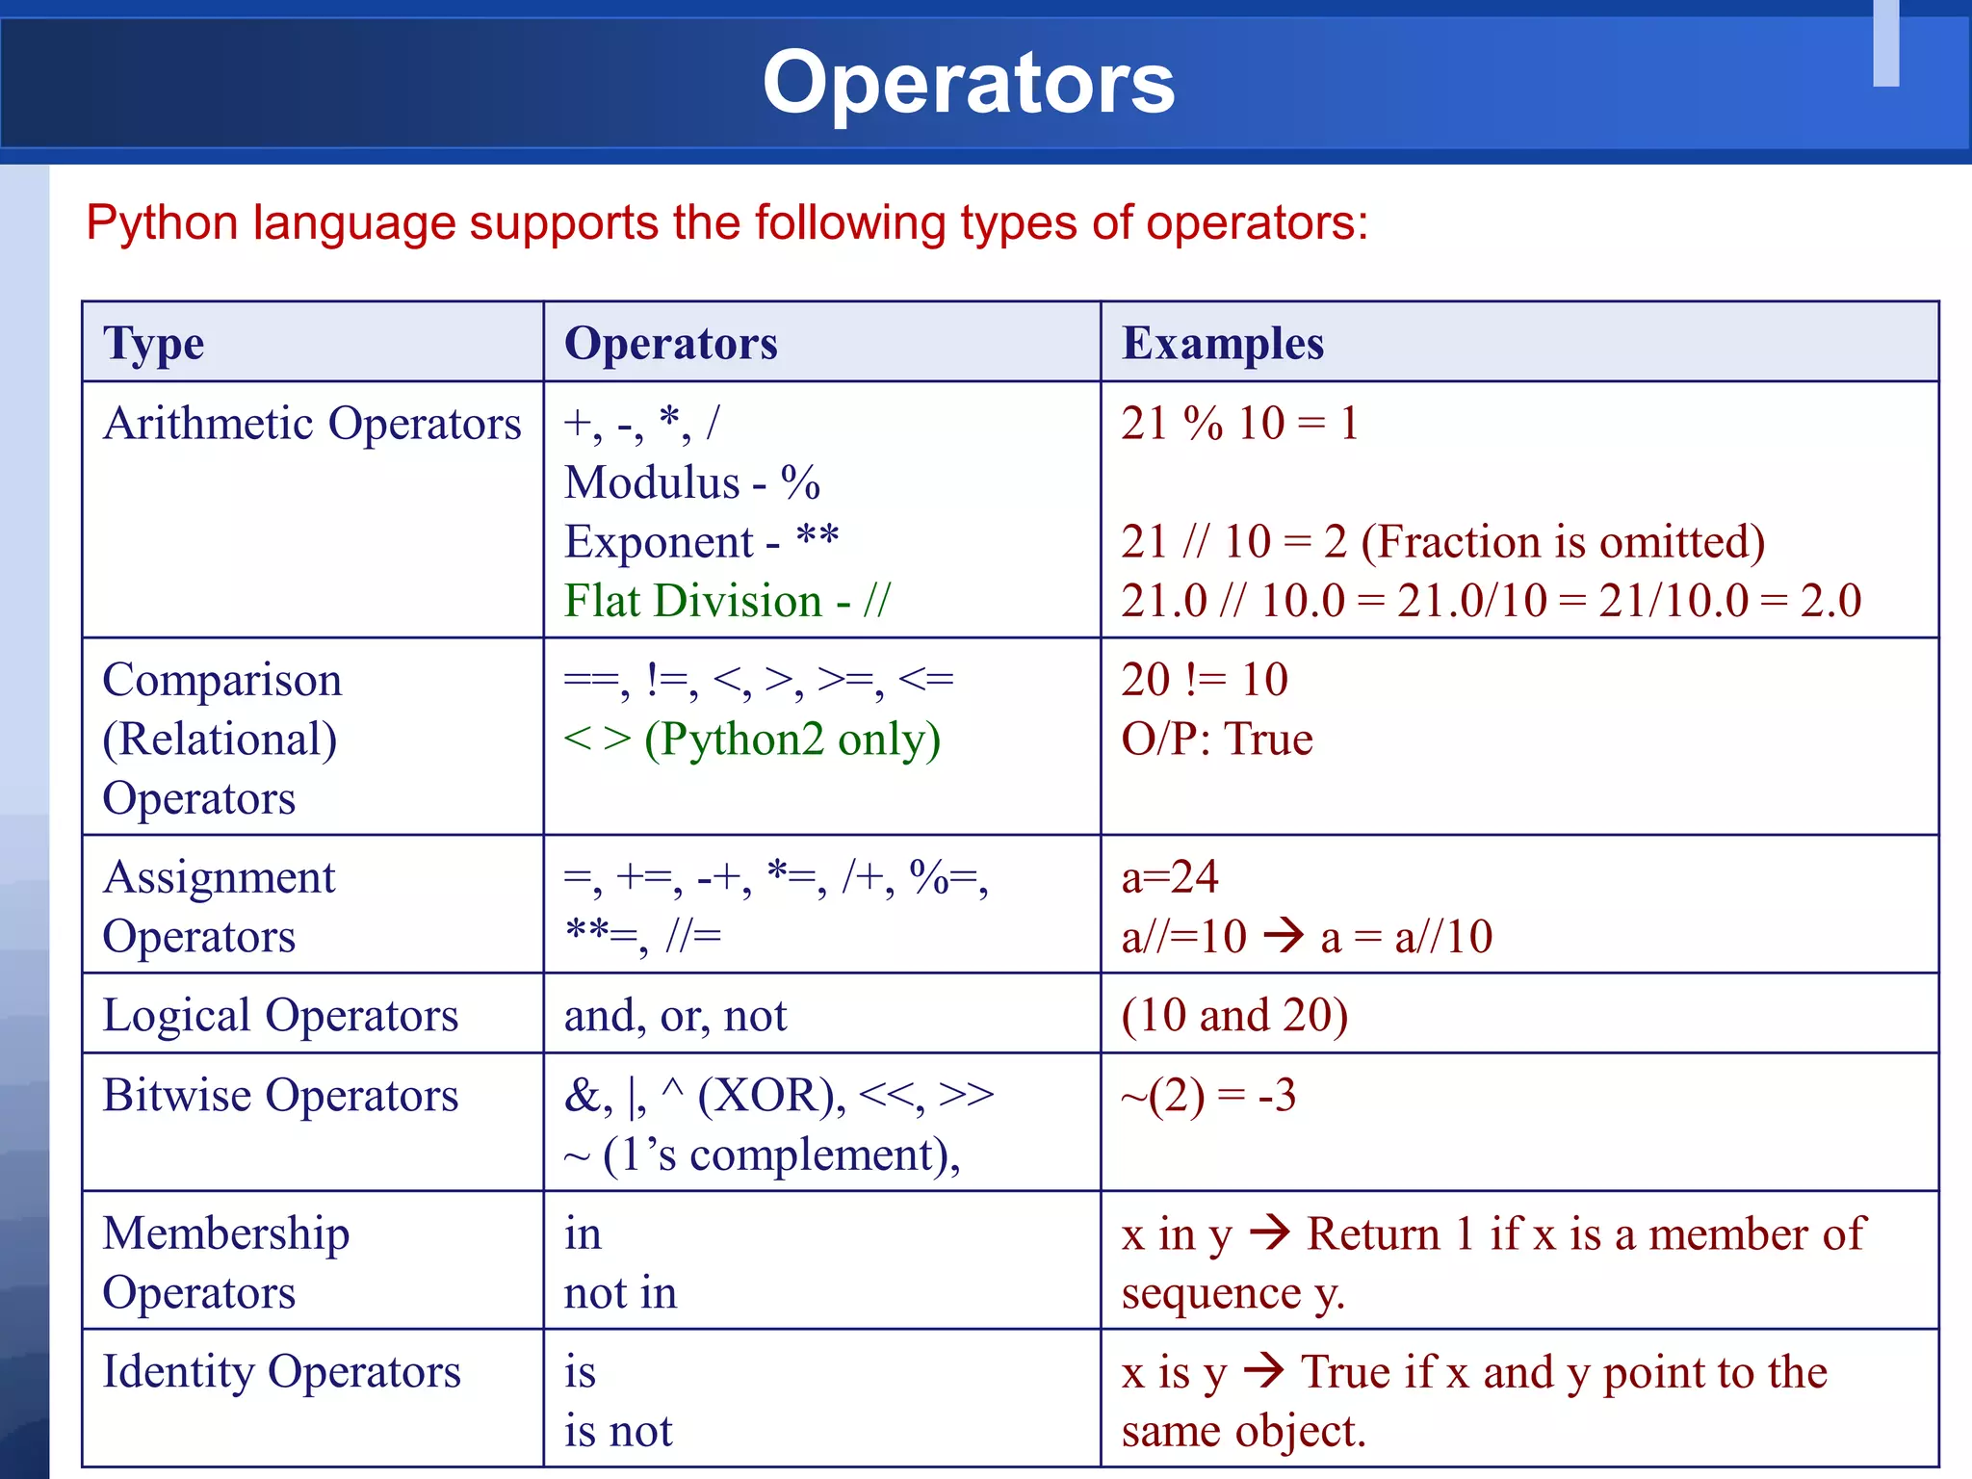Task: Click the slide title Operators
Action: tap(968, 83)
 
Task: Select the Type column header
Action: tap(153, 344)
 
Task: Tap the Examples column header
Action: tap(1222, 344)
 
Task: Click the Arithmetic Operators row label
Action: tap(312, 424)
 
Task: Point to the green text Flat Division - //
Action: tap(727, 601)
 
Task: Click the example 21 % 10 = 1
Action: tap(1239, 424)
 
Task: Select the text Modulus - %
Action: tap(691, 482)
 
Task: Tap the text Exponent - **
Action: tap(701, 542)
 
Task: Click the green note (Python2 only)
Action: tap(791, 739)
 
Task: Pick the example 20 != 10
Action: tap(1204, 680)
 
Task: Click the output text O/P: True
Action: tap(1216, 739)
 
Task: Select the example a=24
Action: tap(1169, 877)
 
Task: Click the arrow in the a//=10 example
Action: tap(1284, 935)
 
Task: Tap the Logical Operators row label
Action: tap(280, 1016)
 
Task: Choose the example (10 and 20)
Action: tap(1234, 1016)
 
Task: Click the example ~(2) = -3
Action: tap(1208, 1096)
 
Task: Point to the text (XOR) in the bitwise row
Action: tap(771, 1096)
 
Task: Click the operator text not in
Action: tap(620, 1293)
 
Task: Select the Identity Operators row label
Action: tap(281, 1372)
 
